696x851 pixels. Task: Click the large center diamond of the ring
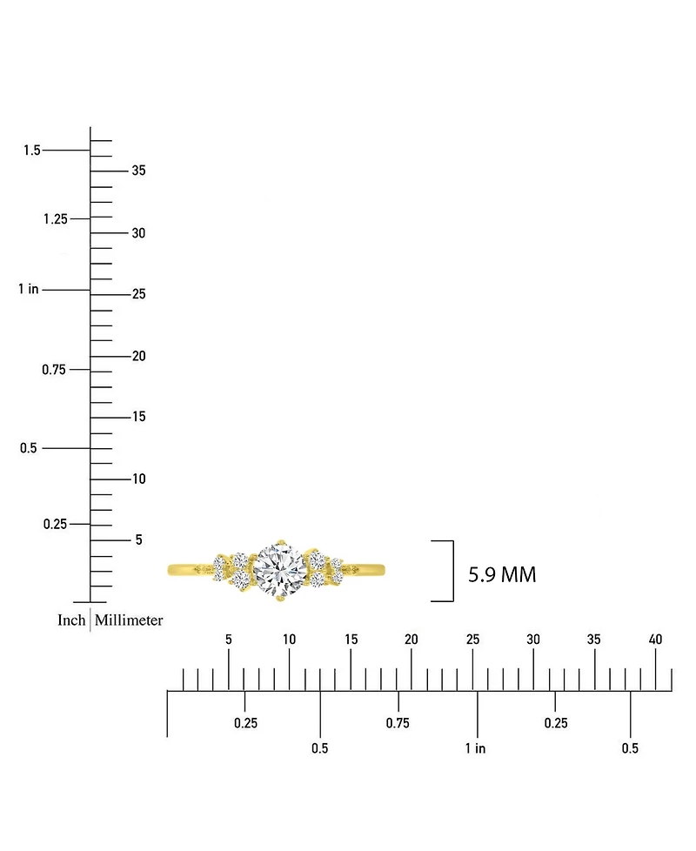click(x=280, y=570)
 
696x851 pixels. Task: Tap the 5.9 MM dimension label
click(x=502, y=575)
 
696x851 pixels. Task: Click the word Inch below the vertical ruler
click(x=71, y=620)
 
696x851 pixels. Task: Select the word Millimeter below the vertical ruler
click(x=129, y=620)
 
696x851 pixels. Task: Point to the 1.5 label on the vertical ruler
click(x=32, y=151)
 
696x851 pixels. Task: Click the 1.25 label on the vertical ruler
click(x=56, y=219)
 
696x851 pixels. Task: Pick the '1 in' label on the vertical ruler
click(x=28, y=289)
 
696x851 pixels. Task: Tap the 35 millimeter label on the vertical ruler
click(x=139, y=171)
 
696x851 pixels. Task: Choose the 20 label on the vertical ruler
click(x=139, y=356)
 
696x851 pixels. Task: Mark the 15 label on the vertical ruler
click(x=139, y=417)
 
